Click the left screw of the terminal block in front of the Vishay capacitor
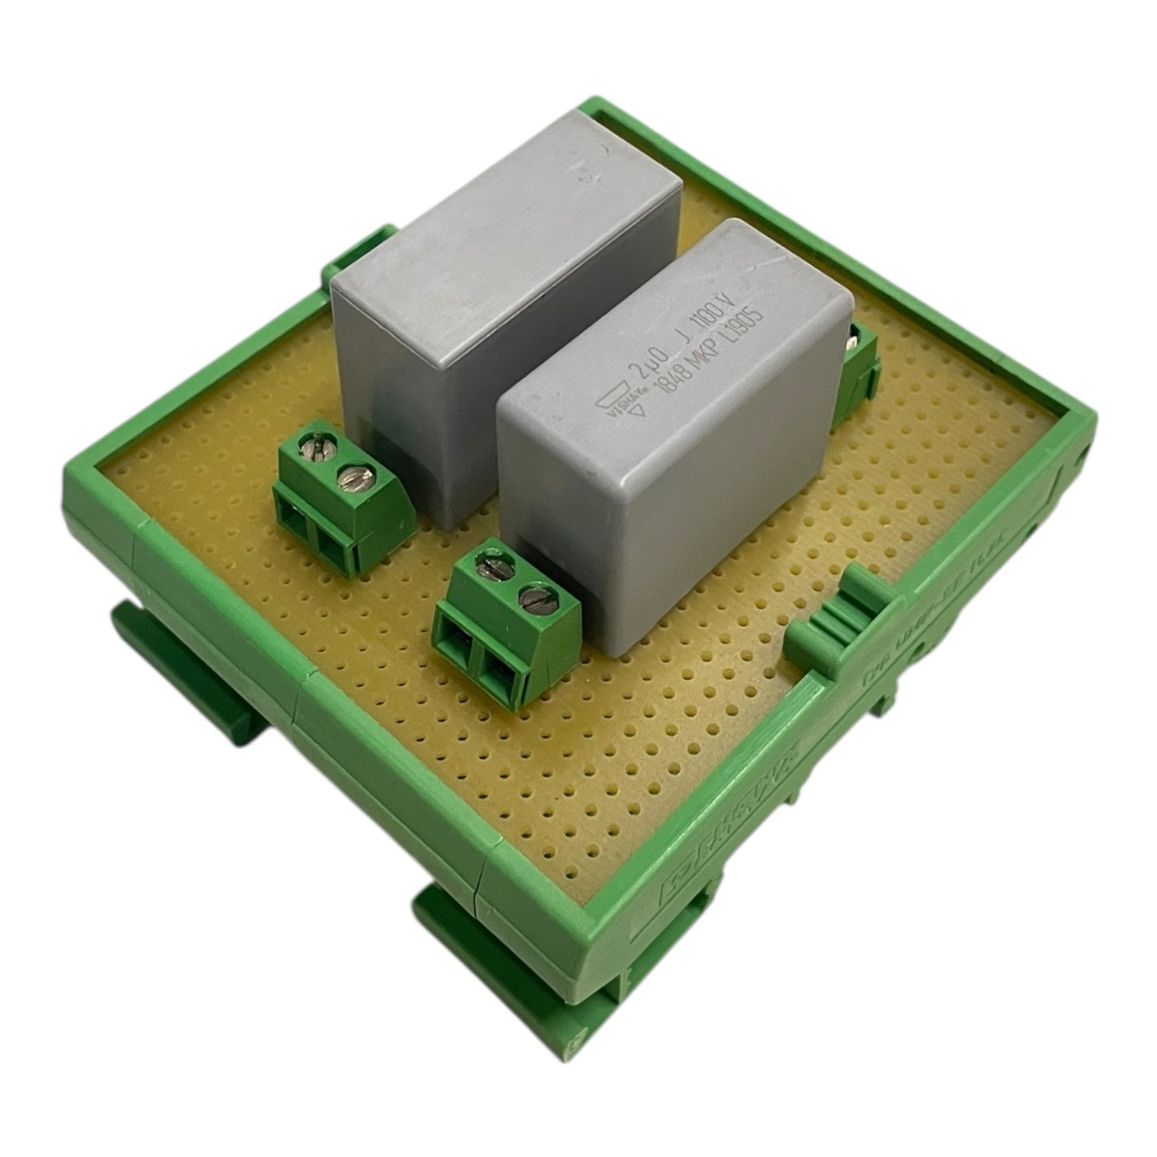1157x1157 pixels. (491, 564)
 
